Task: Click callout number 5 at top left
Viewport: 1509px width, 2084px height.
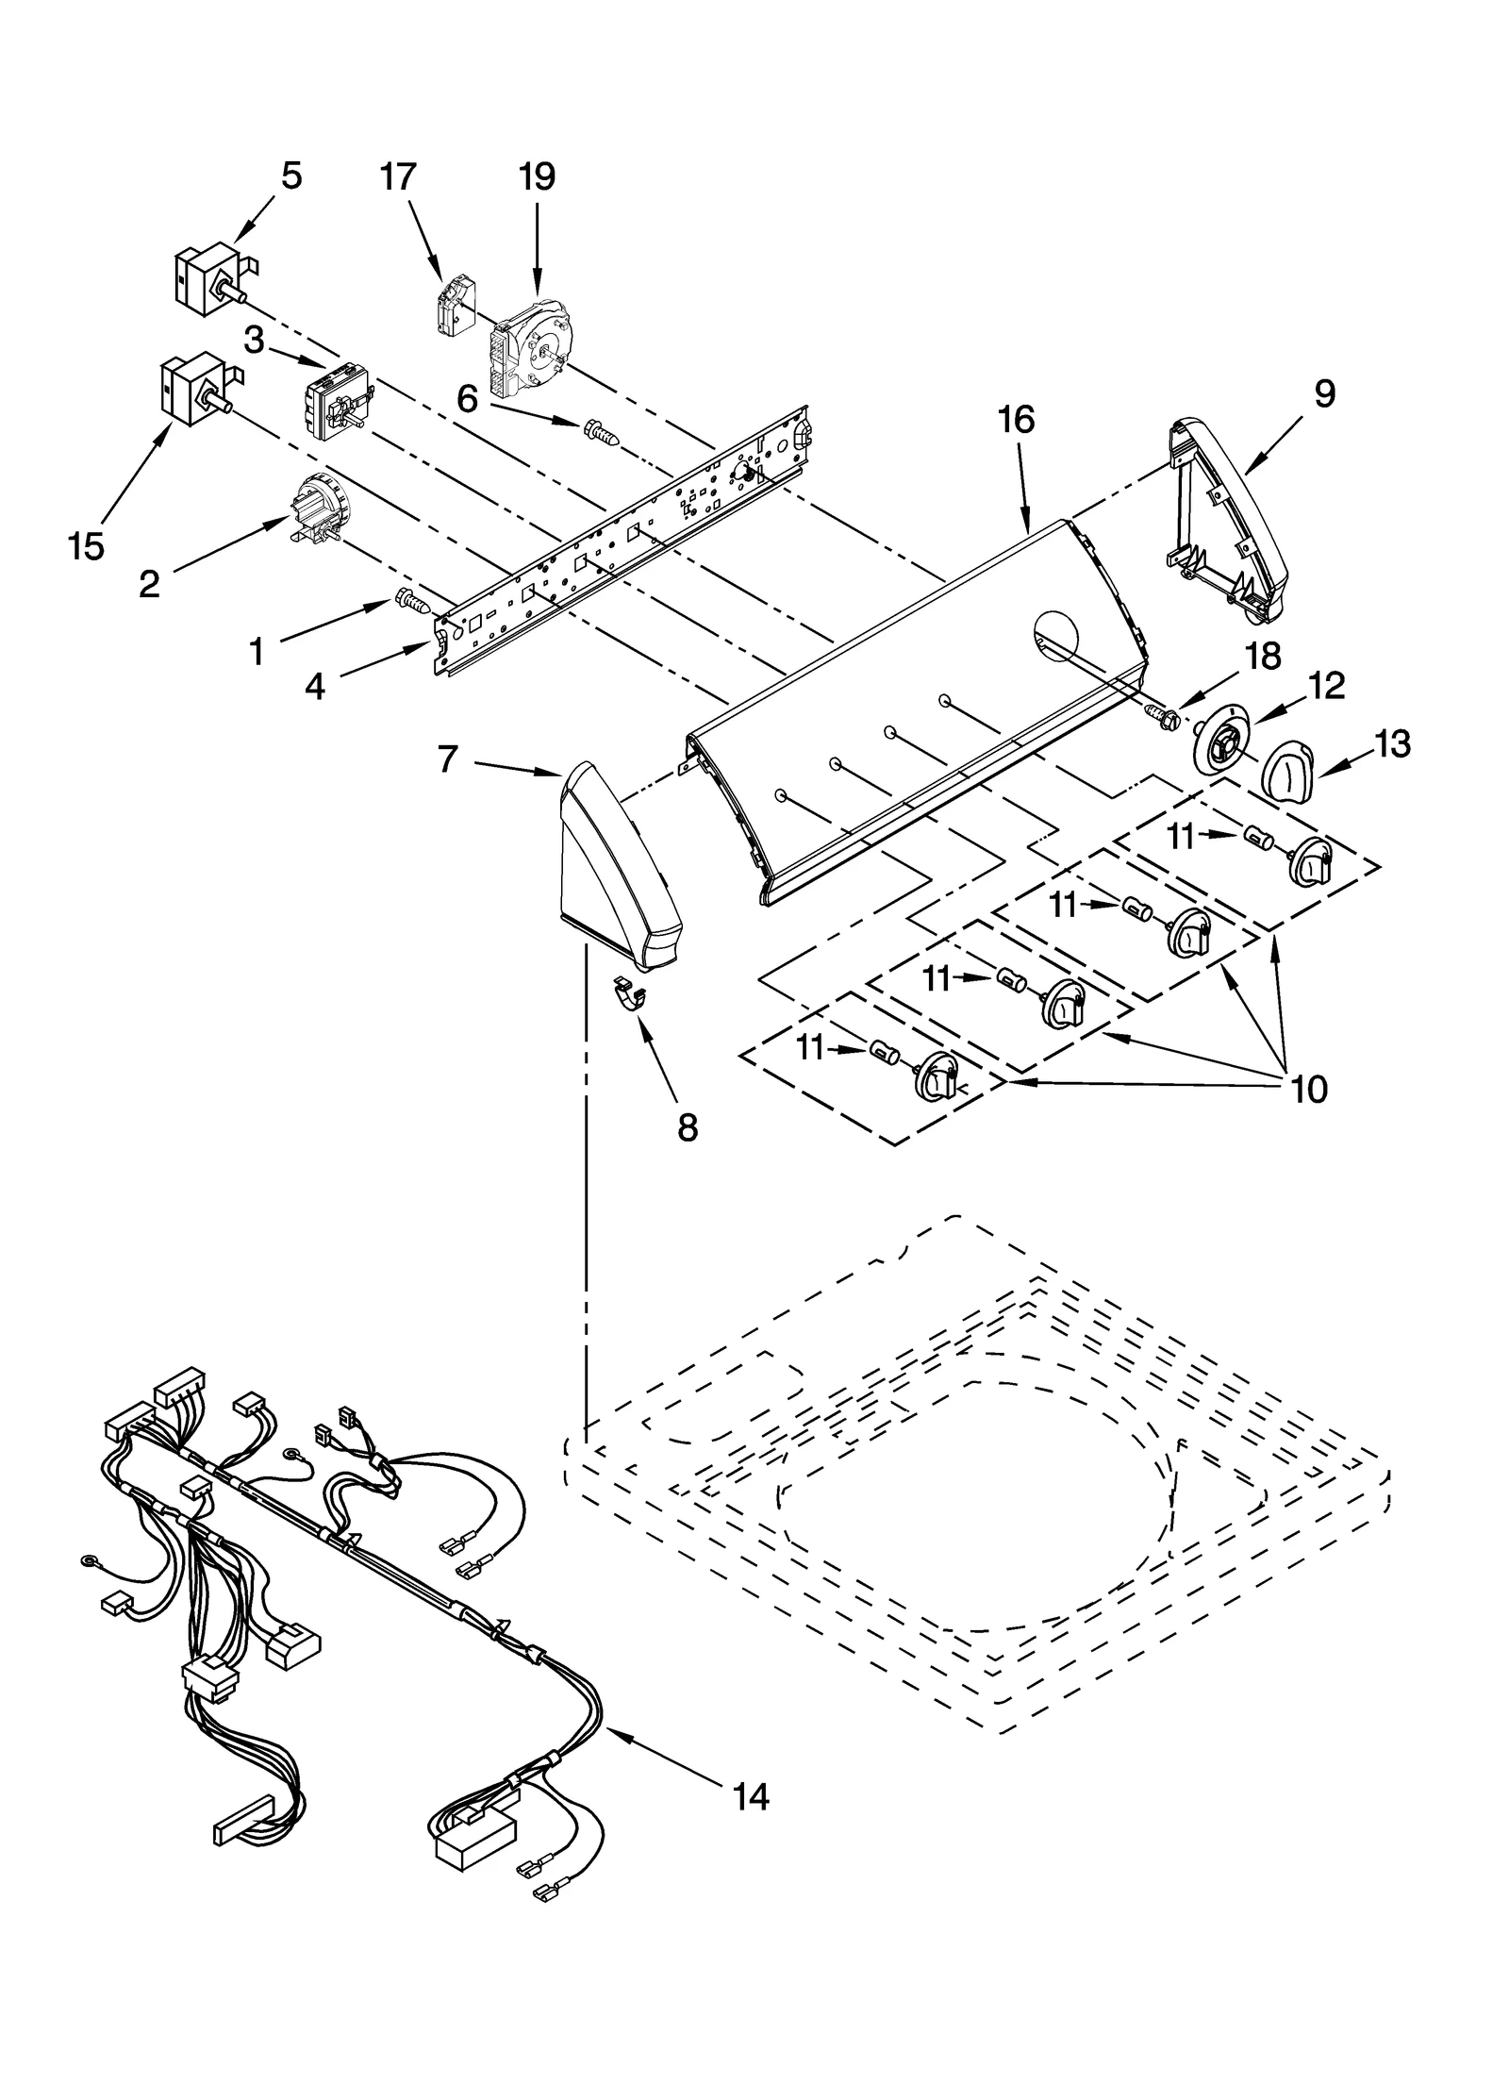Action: (x=291, y=176)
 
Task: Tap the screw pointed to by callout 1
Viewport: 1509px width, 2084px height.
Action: (x=411, y=599)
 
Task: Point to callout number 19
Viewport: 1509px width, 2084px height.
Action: (x=537, y=176)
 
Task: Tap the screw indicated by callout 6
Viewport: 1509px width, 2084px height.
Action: (x=600, y=434)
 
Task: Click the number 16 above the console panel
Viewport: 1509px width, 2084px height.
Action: (x=1016, y=419)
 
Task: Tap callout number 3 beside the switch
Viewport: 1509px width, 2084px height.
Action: (x=255, y=341)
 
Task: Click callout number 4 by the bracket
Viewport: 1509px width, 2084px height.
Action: (x=314, y=688)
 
